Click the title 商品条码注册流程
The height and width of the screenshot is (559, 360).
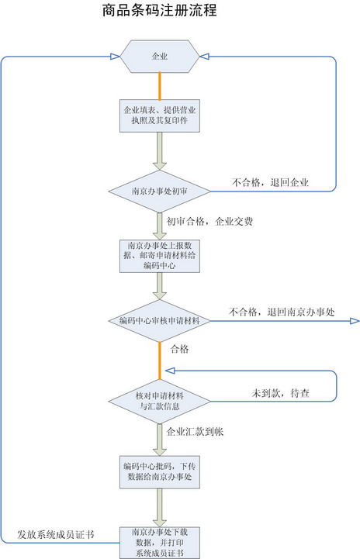click(x=160, y=10)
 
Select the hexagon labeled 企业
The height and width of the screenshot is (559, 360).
click(x=160, y=57)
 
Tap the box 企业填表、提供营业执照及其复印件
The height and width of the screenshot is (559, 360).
click(x=160, y=116)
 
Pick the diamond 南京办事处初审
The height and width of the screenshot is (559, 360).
click(x=160, y=191)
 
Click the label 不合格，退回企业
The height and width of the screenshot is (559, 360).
click(x=270, y=183)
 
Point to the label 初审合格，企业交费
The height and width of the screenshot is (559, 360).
click(x=209, y=222)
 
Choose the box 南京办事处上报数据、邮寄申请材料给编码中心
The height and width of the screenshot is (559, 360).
click(x=160, y=256)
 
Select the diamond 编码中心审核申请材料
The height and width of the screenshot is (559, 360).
click(x=160, y=321)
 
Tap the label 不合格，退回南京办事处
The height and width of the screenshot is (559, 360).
click(x=282, y=312)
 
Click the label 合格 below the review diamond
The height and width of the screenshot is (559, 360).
click(x=179, y=349)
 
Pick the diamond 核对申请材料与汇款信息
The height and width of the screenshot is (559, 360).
click(x=160, y=402)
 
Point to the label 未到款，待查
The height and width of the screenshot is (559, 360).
click(x=280, y=393)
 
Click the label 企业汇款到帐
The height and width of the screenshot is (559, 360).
click(x=195, y=432)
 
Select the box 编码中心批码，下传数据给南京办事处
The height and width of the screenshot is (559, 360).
click(x=160, y=471)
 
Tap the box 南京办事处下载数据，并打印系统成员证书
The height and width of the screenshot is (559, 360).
click(x=160, y=543)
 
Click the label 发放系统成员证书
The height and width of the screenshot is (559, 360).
click(x=56, y=534)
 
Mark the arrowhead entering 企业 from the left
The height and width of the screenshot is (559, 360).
click(x=115, y=57)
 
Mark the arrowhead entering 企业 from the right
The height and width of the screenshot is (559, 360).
click(x=205, y=57)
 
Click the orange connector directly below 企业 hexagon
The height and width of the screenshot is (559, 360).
click(x=160, y=86)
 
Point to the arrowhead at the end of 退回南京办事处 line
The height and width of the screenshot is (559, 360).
click(x=355, y=321)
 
